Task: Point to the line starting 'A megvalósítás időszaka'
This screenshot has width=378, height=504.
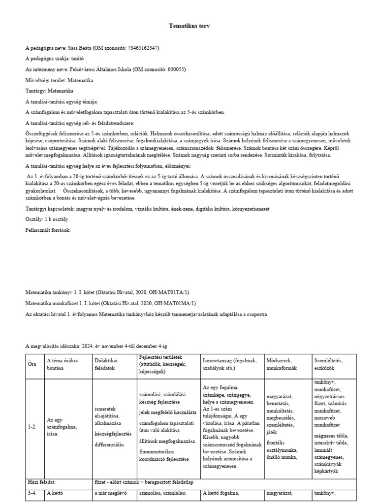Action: [99, 346]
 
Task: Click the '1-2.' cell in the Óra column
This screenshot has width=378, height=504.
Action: [32, 427]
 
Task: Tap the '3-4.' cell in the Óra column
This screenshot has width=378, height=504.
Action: [32, 494]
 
